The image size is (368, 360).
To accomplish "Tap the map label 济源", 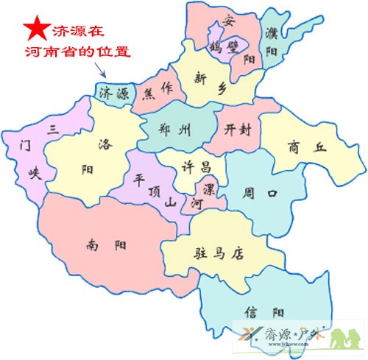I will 115,92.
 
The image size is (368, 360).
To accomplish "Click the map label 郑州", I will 174,130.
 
